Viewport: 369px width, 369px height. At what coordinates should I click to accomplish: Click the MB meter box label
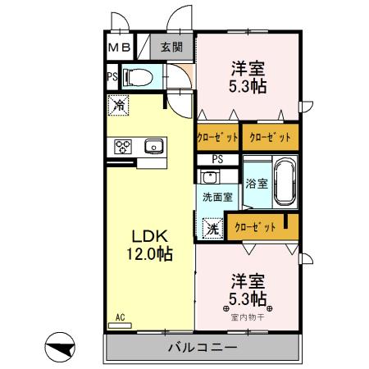pos(119,48)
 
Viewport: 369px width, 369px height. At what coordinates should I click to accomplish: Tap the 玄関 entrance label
pos(171,48)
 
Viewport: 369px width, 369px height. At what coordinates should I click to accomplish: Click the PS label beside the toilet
pos(112,78)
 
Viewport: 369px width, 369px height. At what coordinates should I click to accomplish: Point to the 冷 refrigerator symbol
pos(118,105)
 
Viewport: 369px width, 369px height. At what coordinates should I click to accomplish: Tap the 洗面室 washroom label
pos(217,197)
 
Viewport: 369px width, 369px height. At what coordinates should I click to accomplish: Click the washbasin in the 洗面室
pos(209,177)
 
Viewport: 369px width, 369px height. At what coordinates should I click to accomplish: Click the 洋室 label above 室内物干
pos(246,279)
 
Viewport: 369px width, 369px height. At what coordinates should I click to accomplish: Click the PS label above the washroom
pos(217,159)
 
